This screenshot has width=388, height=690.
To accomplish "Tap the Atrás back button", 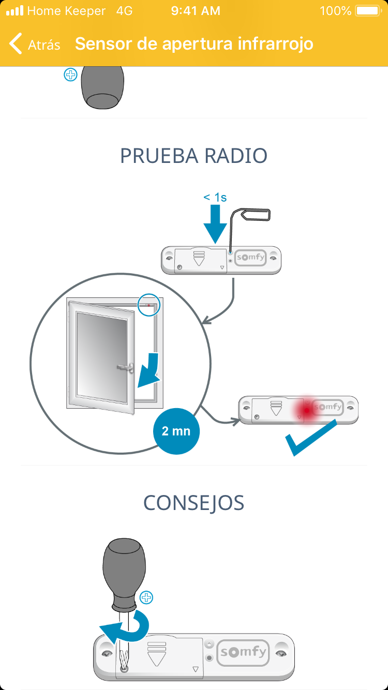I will [x=35, y=44].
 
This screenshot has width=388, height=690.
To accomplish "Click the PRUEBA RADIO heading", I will [x=193, y=156].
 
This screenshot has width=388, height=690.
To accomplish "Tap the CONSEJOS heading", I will [x=193, y=503].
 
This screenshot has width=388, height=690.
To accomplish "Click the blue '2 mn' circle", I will [x=176, y=430].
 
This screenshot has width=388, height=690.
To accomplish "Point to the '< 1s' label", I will [x=215, y=197].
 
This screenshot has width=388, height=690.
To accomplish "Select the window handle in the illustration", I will [x=126, y=368].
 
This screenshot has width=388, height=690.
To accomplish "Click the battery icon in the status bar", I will [x=368, y=10].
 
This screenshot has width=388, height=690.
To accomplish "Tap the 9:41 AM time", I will [x=195, y=10].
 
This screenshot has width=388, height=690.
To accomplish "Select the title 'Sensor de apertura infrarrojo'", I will [x=194, y=44].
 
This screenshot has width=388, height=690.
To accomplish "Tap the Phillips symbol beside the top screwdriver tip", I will [x=70, y=75].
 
